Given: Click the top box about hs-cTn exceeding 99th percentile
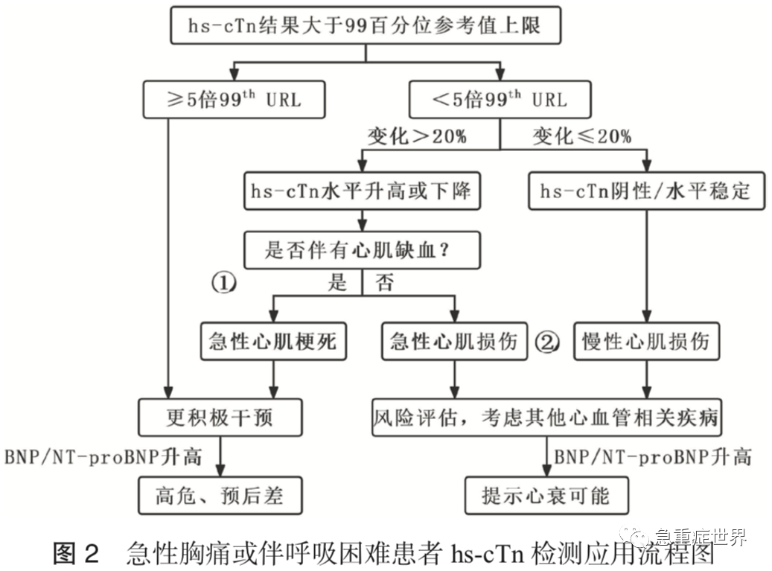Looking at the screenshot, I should [x=365, y=27].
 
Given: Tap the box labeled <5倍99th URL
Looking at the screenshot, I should [x=500, y=99].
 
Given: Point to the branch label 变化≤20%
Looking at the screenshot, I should [x=581, y=136].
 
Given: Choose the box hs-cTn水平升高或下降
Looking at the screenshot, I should [x=362, y=191].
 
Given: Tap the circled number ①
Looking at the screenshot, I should [x=224, y=283].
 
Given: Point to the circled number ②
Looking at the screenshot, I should [x=546, y=342].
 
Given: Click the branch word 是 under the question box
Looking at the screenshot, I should [x=339, y=283].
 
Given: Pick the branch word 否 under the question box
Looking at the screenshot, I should [x=384, y=283].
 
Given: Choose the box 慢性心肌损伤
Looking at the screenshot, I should [x=645, y=342].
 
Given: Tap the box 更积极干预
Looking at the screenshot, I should [x=220, y=417].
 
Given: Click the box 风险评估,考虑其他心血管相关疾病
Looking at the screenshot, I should [x=547, y=417].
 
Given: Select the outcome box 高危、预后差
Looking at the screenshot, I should [x=220, y=495].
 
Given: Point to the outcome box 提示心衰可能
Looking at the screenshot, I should [x=546, y=495].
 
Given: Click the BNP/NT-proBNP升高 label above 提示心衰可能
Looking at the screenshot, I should [x=652, y=456].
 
